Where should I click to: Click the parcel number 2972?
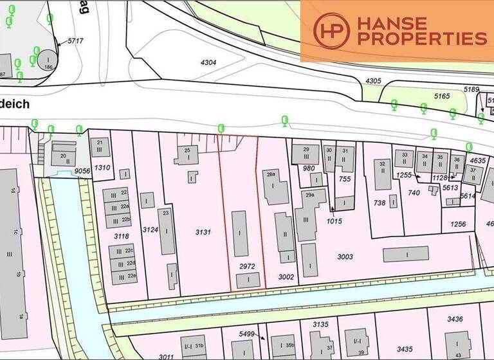(246, 265)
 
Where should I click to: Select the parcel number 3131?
(201, 231)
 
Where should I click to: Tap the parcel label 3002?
(286, 276)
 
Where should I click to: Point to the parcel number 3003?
(345, 256)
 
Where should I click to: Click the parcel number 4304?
(210, 63)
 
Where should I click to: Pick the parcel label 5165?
(442, 96)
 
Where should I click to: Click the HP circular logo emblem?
(331, 31)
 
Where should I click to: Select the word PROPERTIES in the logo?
(422, 39)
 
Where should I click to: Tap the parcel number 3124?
(151, 230)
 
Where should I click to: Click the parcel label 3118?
(122, 237)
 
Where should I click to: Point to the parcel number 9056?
(82, 171)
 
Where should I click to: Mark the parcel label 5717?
(77, 40)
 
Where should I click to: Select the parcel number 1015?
(334, 221)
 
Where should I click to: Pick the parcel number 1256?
(458, 224)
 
